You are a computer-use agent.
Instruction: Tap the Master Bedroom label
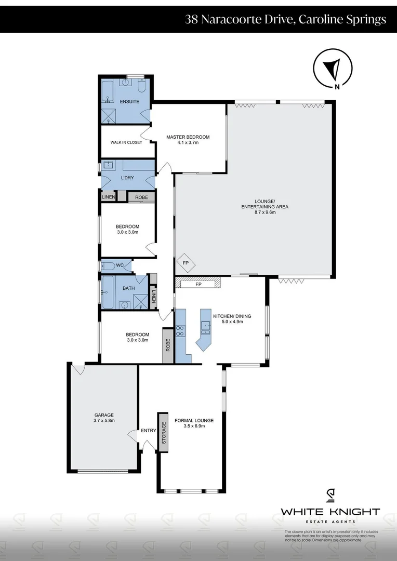coord(188,140)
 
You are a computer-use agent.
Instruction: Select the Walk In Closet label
coord(126,142)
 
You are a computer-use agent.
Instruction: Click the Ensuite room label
coord(129,101)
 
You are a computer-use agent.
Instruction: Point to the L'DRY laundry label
coord(127,178)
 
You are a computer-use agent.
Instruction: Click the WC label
coord(120,265)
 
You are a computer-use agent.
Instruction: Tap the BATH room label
coord(129,288)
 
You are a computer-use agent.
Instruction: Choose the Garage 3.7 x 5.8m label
coord(104,418)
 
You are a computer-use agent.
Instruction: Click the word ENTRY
coord(148,431)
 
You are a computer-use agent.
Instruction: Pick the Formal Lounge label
coord(191,423)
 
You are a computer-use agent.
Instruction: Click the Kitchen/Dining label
coord(228,318)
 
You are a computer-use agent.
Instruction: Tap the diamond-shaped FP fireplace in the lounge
coord(186,263)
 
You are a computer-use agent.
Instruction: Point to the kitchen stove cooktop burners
coord(180,330)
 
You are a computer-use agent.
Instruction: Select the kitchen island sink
coord(206,326)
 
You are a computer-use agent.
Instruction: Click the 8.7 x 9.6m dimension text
coord(264,212)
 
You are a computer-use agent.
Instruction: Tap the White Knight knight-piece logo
coord(330,496)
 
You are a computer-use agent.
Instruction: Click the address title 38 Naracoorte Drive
coord(285,20)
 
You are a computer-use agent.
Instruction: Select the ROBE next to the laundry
coord(141,197)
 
